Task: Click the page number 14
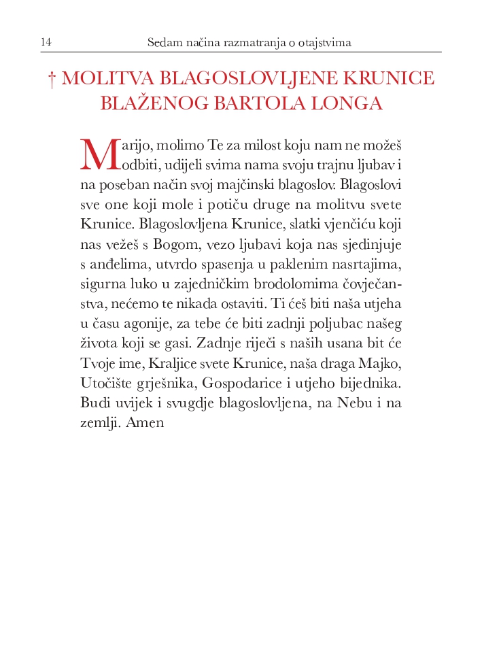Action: coord(46,43)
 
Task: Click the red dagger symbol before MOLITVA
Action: coord(52,80)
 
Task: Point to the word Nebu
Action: coord(354,402)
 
